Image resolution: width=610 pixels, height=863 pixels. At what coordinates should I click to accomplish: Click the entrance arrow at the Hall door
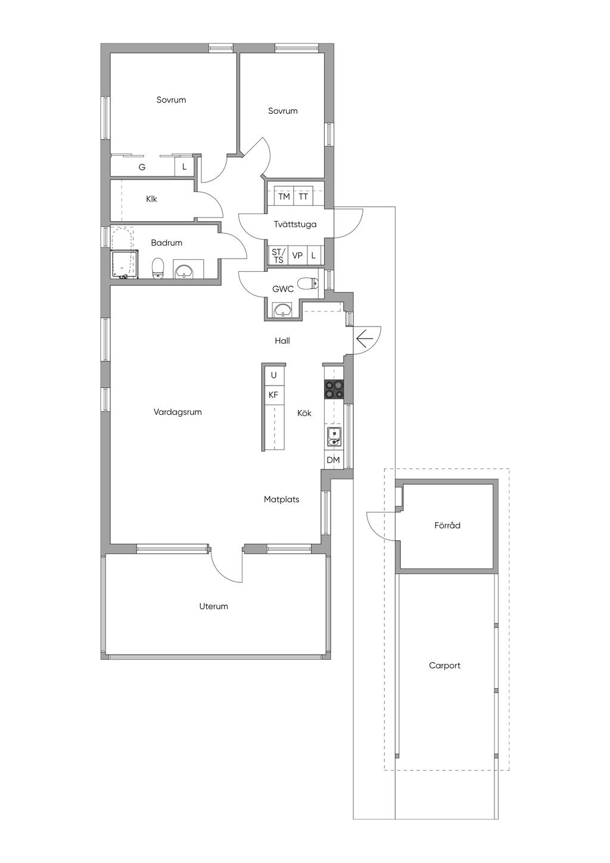click(x=365, y=339)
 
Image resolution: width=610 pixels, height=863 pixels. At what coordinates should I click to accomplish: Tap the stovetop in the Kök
click(x=334, y=389)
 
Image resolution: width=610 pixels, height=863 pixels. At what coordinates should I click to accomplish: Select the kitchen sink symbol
click(x=334, y=437)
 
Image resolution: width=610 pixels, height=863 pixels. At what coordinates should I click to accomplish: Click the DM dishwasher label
click(x=334, y=460)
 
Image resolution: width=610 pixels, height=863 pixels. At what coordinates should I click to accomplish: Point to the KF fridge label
click(x=273, y=395)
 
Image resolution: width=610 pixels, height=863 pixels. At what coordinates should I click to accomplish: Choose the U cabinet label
click(x=274, y=375)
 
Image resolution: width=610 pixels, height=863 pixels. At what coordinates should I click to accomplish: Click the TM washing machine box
click(x=284, y=197)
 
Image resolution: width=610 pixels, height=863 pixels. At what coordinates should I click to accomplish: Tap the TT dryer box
click(x=303, y=197)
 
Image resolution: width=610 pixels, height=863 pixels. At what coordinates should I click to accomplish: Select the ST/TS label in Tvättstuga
click(x=278, y=256)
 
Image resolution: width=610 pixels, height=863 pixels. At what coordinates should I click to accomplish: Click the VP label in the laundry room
click(x=297, y=256)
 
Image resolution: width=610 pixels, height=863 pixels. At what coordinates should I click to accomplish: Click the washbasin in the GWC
click(x=283, y=310)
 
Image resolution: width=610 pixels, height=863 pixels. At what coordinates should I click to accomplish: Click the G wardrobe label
click(x=142, y=167)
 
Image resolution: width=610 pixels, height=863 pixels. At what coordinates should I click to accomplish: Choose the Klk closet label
click(x=151, y=199)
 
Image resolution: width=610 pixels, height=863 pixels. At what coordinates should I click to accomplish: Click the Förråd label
click(x=447, y=525)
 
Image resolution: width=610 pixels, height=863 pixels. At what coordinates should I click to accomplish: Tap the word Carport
click(x=444, y=665)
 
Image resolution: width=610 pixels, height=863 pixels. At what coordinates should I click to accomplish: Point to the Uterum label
click(x=213, y=606)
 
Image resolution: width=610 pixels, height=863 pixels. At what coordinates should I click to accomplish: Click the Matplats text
click(x=282, y=499)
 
